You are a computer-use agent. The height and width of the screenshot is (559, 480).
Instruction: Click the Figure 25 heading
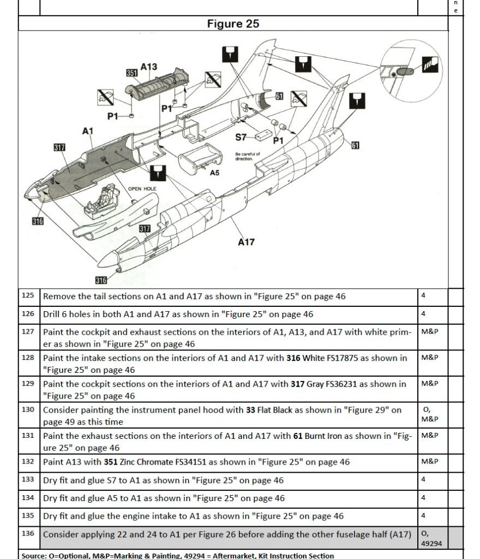233,23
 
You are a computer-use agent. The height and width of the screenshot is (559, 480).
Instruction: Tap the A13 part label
148,67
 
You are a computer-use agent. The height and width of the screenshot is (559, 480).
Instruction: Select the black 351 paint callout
131,73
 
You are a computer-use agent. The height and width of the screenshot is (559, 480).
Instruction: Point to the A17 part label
246,242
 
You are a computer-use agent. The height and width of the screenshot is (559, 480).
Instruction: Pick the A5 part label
214,173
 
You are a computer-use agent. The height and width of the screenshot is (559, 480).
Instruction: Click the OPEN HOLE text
142,189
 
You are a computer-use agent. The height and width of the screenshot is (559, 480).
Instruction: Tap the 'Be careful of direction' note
248,156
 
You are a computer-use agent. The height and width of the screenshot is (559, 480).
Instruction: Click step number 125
28,296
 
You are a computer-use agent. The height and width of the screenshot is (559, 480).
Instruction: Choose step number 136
28,533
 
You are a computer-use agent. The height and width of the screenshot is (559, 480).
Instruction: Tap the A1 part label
88,131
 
